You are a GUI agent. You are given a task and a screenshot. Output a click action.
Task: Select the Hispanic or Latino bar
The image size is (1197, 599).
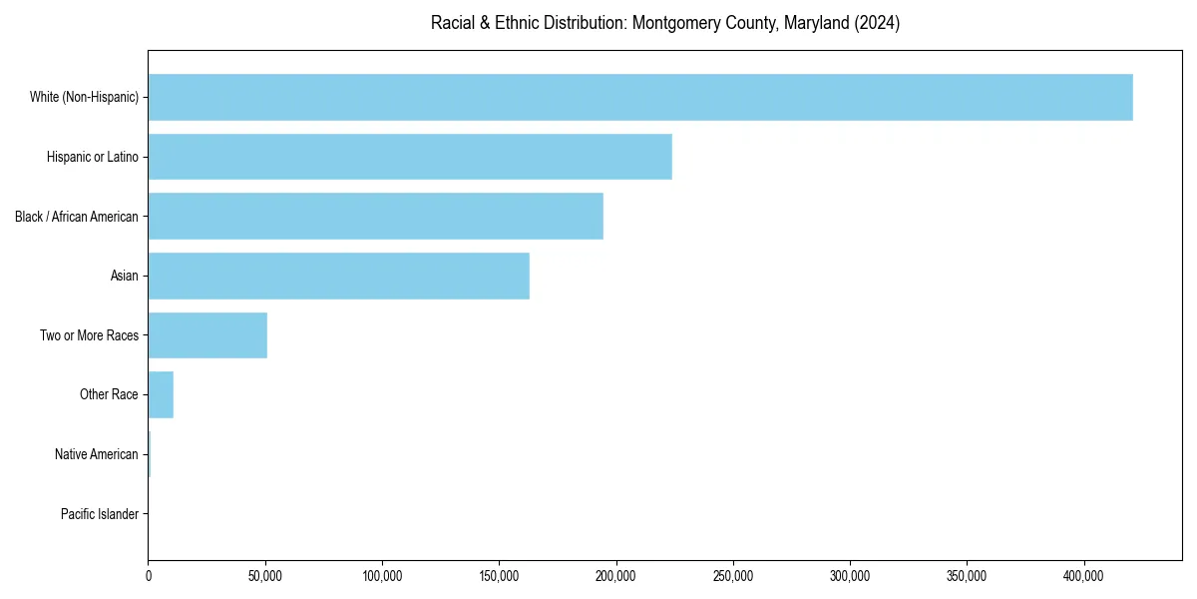(410, 157)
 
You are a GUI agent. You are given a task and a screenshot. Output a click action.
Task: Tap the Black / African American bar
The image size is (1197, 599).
(375, 216)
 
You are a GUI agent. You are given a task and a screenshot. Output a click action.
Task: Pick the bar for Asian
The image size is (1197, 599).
(338, 276)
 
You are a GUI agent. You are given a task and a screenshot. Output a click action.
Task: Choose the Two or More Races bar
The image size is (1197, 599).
(207, 335)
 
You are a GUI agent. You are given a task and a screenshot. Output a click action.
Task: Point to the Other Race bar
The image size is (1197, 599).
(161, 394)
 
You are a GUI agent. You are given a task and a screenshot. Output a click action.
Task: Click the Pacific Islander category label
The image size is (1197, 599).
(99, 514)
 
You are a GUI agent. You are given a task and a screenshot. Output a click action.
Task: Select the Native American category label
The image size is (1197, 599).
(96, 454)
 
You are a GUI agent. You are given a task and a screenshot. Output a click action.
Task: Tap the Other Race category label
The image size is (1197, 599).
(109, 394)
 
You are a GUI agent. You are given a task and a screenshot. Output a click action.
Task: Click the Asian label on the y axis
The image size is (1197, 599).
(124, 276)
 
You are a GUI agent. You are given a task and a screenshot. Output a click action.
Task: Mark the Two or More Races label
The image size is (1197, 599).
(89, 335)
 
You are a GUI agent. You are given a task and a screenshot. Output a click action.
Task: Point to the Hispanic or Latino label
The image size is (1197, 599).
(92, 157)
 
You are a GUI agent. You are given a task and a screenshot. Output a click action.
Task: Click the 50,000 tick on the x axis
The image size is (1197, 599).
(265, 576)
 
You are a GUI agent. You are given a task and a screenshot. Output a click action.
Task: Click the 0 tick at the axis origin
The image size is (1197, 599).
(149, 576)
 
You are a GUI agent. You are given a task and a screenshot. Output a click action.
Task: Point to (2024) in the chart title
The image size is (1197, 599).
(877, 23)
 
